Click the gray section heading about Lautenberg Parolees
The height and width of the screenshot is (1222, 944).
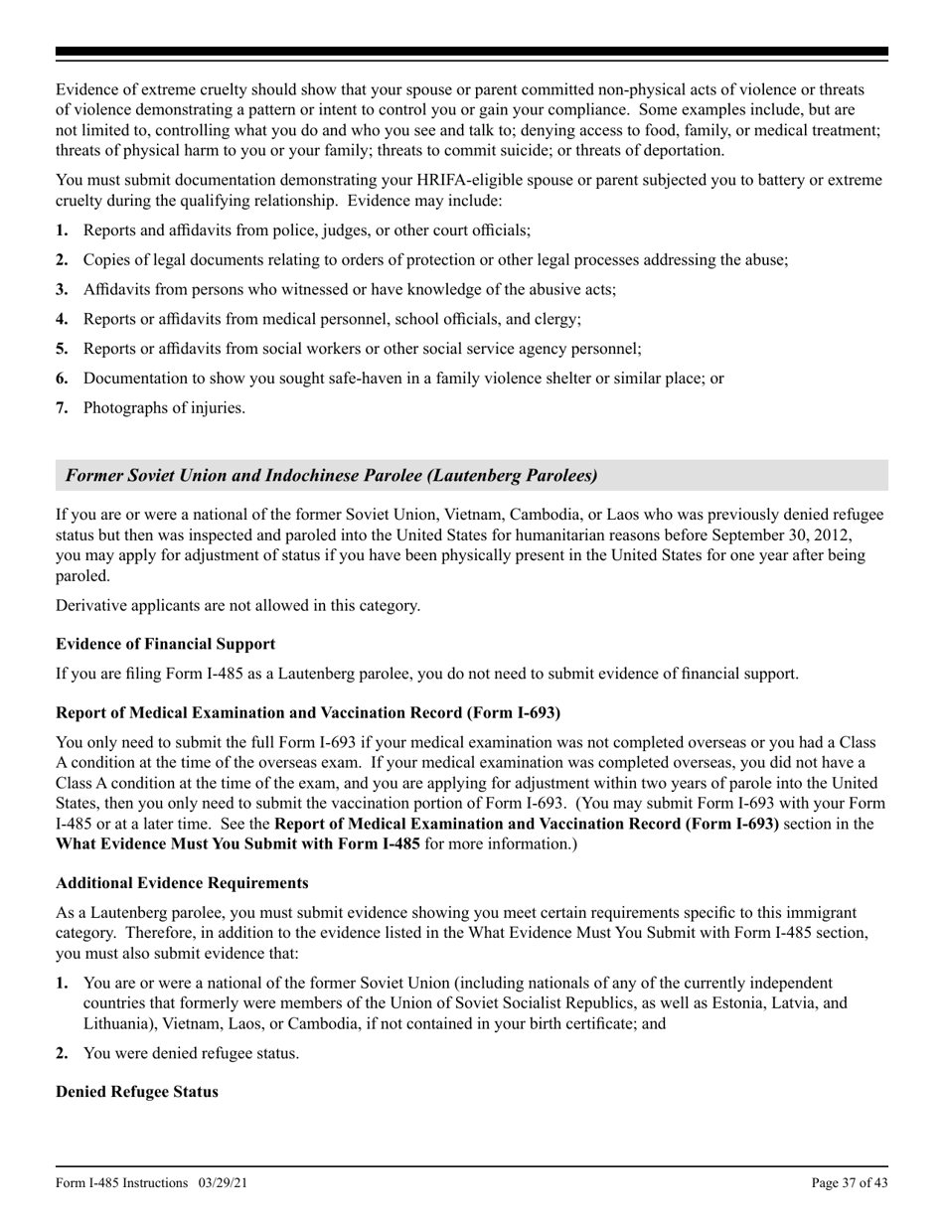click(332, 476)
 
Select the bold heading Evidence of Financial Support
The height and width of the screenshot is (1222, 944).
click(166, 644)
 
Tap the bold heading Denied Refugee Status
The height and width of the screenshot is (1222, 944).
click(137, 1091)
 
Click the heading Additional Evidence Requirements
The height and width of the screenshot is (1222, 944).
click(182, 882)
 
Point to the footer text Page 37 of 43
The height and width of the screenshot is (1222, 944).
click(850, 1182)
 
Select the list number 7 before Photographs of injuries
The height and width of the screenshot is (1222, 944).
click(62, 407)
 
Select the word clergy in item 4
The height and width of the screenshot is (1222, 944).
click(555, 319)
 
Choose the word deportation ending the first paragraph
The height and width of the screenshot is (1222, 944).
click(681, 150)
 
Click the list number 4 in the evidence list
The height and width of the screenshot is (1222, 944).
click(62, 319)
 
